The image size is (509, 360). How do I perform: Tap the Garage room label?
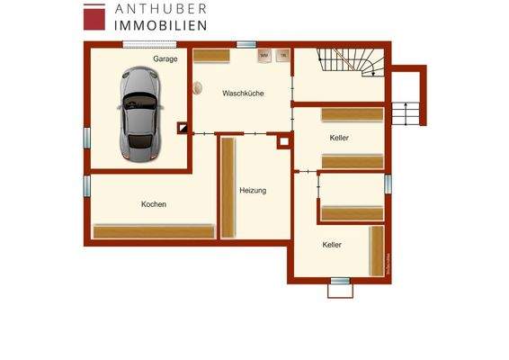165,58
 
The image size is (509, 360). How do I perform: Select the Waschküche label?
243,93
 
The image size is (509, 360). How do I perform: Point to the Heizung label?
253,190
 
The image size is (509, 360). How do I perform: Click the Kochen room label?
154,204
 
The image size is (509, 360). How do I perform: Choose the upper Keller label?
339,138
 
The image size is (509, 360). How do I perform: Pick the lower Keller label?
332,244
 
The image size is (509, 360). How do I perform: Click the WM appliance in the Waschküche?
263,56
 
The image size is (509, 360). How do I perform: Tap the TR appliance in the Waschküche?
283,56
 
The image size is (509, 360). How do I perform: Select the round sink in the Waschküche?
195,87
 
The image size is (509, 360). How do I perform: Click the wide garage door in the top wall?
148,43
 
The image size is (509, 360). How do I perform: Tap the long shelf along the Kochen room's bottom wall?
154,231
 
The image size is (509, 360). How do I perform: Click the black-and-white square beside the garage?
183,128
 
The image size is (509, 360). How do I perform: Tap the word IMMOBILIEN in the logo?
161,26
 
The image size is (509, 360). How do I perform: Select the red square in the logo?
94,17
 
